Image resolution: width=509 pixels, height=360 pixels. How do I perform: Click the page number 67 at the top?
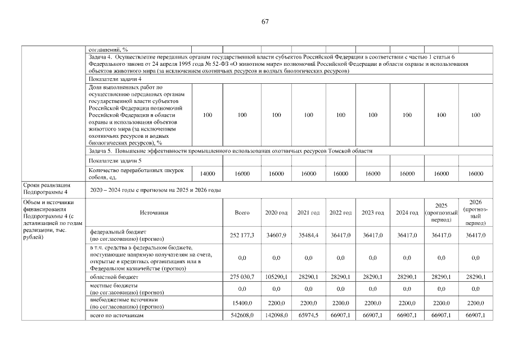pos(265,22)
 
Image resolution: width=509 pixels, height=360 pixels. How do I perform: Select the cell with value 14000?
pos(208,174)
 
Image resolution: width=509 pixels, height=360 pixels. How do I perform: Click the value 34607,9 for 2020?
pos(276,235)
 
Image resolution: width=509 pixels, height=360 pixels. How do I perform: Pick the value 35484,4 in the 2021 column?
pos(308,235)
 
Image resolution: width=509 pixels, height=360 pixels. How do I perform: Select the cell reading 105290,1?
pos(276,277)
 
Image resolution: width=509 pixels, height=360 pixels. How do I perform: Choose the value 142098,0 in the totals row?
pos(276,316)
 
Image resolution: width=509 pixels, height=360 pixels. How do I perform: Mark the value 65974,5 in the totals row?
pos(308,316)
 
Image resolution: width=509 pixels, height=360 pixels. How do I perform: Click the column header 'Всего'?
pos(242,213)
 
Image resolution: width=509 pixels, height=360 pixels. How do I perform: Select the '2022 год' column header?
pos(340,213)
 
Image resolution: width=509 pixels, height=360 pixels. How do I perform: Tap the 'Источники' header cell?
pos(151,213)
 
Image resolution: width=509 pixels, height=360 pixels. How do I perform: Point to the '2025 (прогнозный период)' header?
pos(441,212)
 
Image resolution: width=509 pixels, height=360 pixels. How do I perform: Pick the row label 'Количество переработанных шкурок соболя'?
pos(127,174)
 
